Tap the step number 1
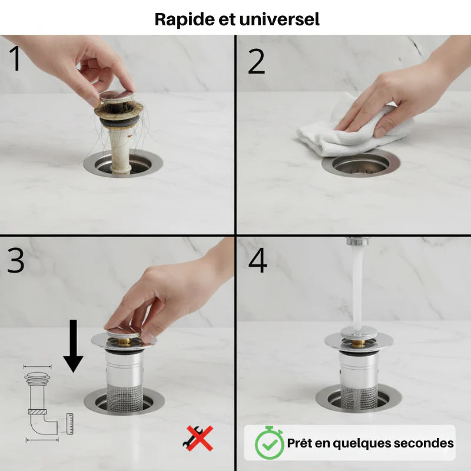(15, 58)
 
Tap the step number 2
(256, 62)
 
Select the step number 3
(16, 260)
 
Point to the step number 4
(258, 260)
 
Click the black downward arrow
(73, 346)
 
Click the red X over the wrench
(199, 438)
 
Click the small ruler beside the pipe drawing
(70, 423)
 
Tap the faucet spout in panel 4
(357, 241)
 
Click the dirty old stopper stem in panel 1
(120, 150)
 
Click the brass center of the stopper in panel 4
(358, 343)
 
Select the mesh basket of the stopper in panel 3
(125, 396)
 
